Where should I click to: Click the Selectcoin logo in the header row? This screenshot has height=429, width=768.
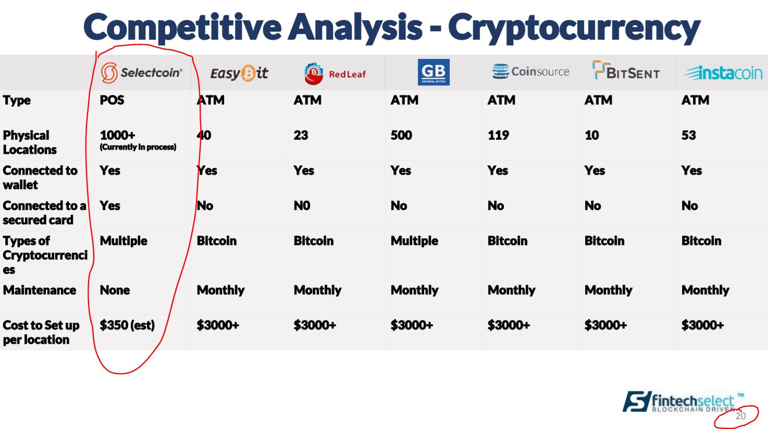141,72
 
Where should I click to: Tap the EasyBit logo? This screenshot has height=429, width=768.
239,73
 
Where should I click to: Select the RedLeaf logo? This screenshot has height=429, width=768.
335,73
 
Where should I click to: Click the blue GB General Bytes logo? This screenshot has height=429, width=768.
433,72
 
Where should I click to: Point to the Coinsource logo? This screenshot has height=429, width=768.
530,71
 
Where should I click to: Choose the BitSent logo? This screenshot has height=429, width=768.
626,70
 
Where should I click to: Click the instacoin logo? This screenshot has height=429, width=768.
723,73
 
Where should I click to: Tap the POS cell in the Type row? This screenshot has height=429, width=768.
112,100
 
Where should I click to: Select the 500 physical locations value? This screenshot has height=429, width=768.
401,135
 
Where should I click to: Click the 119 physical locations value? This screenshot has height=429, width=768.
498,135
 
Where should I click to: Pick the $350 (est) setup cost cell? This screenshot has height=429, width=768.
127,325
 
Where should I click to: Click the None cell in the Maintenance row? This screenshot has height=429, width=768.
115,290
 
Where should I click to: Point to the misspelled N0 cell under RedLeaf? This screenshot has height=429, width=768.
302,206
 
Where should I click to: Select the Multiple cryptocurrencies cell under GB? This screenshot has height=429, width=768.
414,241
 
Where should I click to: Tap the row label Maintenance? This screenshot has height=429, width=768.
40,290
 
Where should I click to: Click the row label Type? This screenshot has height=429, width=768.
17,101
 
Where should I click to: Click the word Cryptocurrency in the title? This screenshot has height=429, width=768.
574,28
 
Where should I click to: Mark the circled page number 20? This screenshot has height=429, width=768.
740,416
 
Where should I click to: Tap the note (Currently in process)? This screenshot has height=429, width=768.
138,147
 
